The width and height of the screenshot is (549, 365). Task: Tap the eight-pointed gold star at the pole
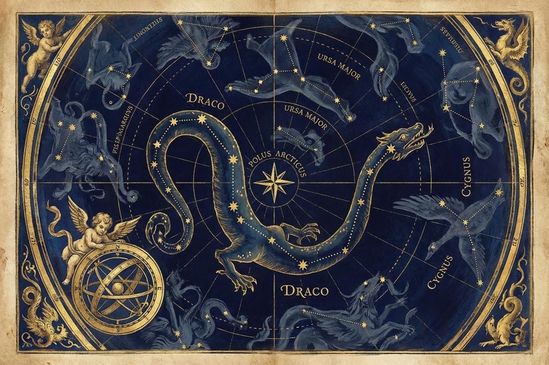(274, 182)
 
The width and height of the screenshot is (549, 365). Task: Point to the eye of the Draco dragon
(404, 136)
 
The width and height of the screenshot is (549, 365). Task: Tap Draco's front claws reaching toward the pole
(308, 231)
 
